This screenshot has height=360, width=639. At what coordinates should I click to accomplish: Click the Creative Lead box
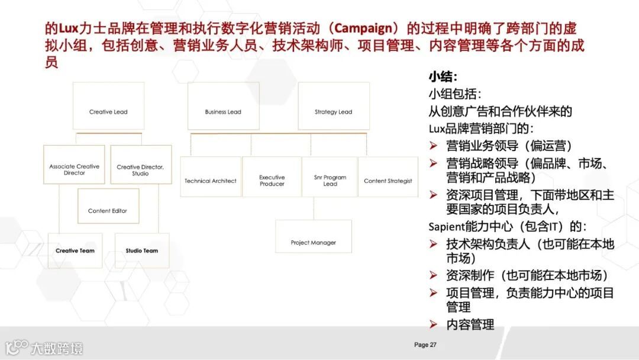(x=108, y=107)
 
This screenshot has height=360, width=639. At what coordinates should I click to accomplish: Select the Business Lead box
(x=223, y=107)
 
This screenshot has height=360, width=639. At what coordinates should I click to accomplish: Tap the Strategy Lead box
(x=333, y=107)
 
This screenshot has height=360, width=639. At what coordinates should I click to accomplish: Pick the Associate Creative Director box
(x=74, y=165)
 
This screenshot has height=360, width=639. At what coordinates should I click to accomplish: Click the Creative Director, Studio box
(x=140, y=165)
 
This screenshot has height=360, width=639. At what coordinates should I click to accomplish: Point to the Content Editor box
(x=108, y=206)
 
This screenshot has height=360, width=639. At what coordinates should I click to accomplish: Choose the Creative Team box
(x=75, y=250)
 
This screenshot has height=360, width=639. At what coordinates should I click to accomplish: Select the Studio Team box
(x=141, y=250)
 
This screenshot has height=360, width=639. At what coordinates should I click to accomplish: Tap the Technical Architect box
(x=210, y=177)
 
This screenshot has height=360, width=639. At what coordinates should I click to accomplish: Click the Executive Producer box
(x=272, y=177)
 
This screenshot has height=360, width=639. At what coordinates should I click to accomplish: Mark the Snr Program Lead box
(x=330, y=177)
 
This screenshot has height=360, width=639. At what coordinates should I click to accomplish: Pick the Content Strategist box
(x=388, y=177)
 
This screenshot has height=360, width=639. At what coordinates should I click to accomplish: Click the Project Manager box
(x=313, y=236)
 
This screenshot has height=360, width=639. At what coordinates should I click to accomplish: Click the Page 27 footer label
(x=425, y=345)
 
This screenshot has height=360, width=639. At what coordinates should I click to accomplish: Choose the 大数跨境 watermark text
(x=57, y=348)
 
